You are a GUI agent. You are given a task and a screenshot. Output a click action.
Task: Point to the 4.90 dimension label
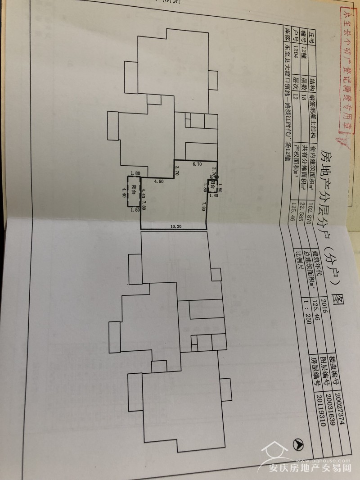click(158, 181)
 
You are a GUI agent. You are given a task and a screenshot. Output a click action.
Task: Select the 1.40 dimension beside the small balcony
click(214, 196)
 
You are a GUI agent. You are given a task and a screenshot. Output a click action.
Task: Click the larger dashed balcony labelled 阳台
click(134, 191)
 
